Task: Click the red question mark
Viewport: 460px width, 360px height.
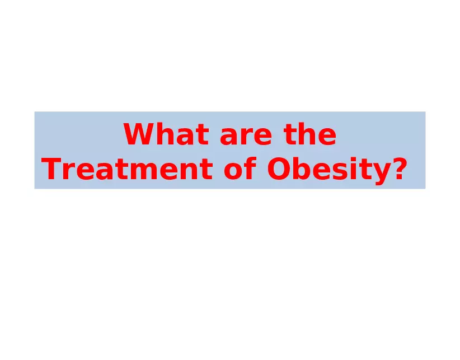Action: [x=396, y=170]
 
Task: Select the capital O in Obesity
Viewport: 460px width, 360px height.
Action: [x=279, y=170]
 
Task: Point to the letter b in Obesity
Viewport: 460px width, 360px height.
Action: [x=302, y=170]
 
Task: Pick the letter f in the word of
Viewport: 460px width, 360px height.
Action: [x=251, y=170]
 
